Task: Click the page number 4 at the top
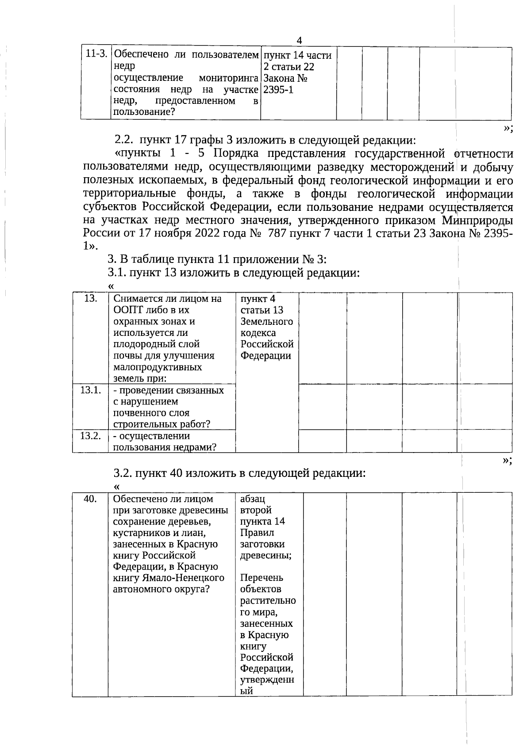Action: pos(299,41)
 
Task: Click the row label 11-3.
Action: pos(96,54)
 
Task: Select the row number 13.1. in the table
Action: pos(90,390)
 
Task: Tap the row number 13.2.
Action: pos(90,436)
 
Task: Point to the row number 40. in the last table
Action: pos(90,499)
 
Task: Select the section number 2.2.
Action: pos(123,141)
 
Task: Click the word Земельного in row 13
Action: pos(266,321)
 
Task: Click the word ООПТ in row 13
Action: pos(126,310)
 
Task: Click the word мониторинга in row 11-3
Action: pos(228,78)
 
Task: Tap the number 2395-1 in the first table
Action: pos(278,90)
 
